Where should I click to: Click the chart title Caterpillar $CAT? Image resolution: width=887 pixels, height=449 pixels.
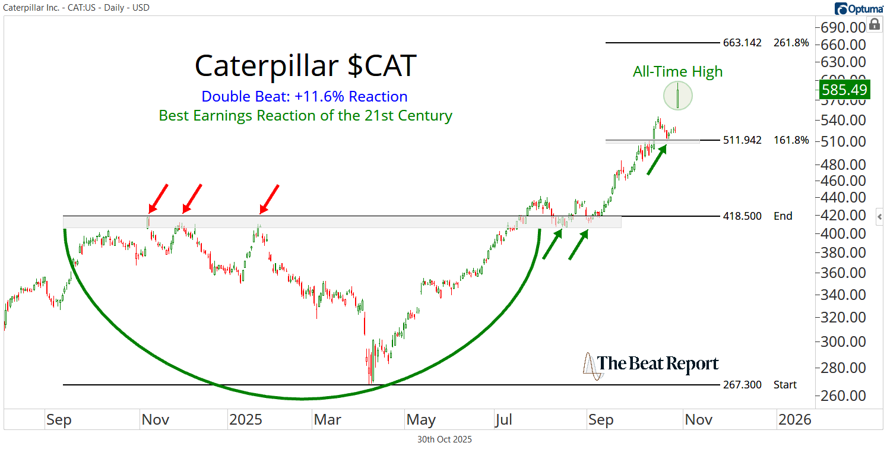tap(305, 66)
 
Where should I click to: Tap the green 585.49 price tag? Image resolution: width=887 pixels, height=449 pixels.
tap(844, 90)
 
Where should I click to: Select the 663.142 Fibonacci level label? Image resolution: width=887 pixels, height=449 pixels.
tap(742, 43)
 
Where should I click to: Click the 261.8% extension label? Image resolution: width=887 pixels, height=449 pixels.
tap(791, 43)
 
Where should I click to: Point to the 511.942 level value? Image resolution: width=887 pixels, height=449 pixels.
tap(742, 140)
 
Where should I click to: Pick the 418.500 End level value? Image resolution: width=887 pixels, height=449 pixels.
tap(742, 216)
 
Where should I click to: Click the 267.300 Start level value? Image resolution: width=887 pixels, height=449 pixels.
tap(742, 385)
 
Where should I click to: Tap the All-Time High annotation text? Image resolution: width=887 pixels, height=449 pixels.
tap(677, 72)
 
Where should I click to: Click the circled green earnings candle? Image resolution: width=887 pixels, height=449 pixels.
tap(677, 96)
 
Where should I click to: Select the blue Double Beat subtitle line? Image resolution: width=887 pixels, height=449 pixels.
tap(305, 97)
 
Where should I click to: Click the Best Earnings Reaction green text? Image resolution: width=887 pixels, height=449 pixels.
tap(305, 115)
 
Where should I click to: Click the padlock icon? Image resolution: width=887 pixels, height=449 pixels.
tap(874, 24)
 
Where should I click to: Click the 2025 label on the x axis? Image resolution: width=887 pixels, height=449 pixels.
tap(246, 420)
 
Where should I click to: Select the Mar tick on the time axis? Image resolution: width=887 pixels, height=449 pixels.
tap(328, 420)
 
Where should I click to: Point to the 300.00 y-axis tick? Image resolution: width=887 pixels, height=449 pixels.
tap(843, 342)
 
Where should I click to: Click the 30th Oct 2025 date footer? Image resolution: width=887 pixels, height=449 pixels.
tap(445, 439)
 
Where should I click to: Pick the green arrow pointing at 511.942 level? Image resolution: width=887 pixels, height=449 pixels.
tap(656, 160)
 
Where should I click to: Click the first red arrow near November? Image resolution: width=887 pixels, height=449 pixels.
tap(158, 198)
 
